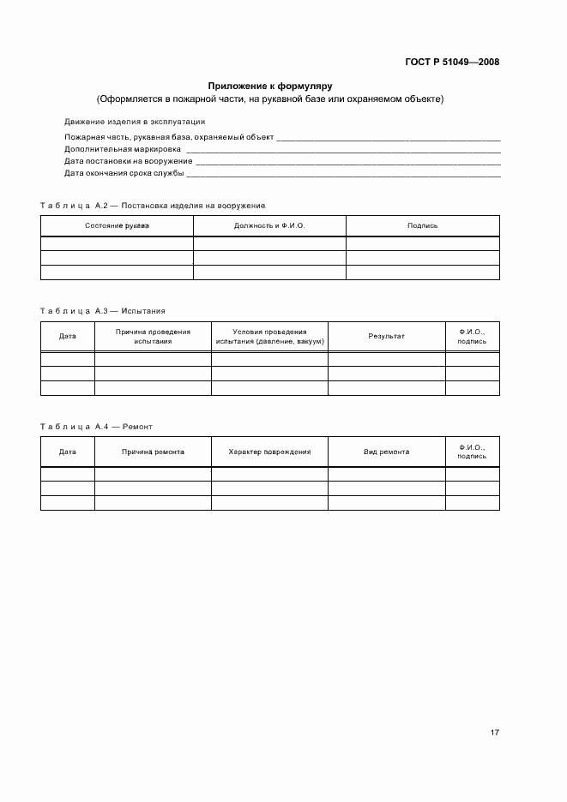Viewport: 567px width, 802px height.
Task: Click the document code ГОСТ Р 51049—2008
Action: tap(453, 62)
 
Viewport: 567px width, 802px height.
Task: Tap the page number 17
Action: tap(495, 733)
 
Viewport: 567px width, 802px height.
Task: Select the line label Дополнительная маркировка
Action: tap(117, 148)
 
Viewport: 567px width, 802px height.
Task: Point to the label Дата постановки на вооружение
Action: tap(129, 161)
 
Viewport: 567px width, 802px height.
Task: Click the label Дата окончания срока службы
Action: tap(124, 173)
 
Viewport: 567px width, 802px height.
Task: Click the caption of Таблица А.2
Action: tap(154, 206)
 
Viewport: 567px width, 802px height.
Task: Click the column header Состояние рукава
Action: tap(117, 225)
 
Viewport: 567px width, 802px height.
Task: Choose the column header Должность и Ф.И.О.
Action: tap(269, 225)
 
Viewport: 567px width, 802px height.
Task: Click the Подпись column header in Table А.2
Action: tap(422, 225)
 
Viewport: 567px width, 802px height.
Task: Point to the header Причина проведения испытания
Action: tap(153, 336)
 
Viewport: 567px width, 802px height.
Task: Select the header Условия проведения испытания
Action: tap(269, 336)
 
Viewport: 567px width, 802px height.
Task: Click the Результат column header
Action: tap(386, 336)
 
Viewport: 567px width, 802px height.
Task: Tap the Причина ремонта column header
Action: tap(153, 452)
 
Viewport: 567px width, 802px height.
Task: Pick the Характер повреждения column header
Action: tap(269, 452)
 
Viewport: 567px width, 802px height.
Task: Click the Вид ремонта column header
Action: tap(386, 452)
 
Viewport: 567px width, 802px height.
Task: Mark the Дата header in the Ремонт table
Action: tap(67, 452)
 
